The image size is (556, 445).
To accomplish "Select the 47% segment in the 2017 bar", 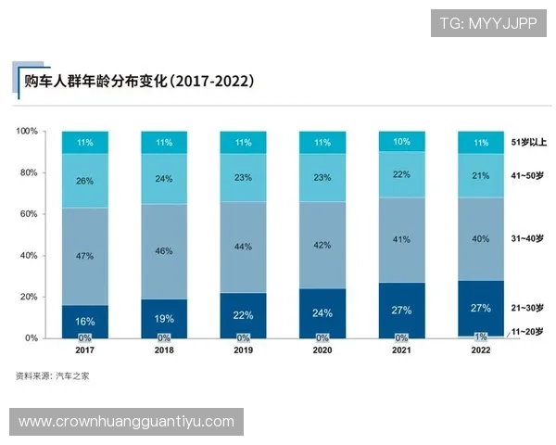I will pos(84,256).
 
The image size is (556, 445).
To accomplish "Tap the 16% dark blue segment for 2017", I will pos(84,320).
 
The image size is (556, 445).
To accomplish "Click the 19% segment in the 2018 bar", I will pos(164,317).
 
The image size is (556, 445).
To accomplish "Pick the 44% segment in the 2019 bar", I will pos(243,247).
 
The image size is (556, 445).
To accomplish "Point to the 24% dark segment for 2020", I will pos(322,312).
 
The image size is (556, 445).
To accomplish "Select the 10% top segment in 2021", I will pos(401,142).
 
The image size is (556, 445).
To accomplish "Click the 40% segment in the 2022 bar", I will pos(480,238).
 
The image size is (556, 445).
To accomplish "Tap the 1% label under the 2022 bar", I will pos(480,337).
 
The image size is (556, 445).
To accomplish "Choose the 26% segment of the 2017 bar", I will pos(84,181).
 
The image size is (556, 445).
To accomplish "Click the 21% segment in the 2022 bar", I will pos(480,176).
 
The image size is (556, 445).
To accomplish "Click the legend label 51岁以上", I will pos(528,143).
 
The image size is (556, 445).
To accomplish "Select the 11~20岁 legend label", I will pos(528,331).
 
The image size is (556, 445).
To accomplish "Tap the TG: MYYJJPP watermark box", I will pos(487,22).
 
